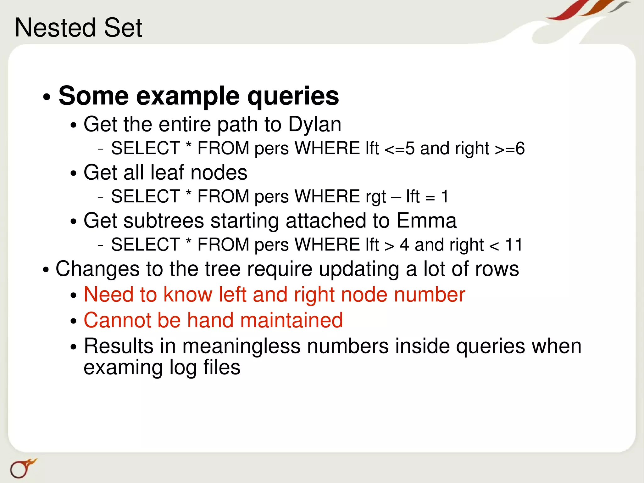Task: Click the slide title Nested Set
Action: pos(78,28)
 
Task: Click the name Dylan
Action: pos(315,125)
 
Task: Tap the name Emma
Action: pos(426,221)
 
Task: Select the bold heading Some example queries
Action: pos(199,96)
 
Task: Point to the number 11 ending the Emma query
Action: pos(514,245)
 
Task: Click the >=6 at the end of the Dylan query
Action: pos(509,148)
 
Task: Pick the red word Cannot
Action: pos(117,320)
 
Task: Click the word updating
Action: pos(359,269)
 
